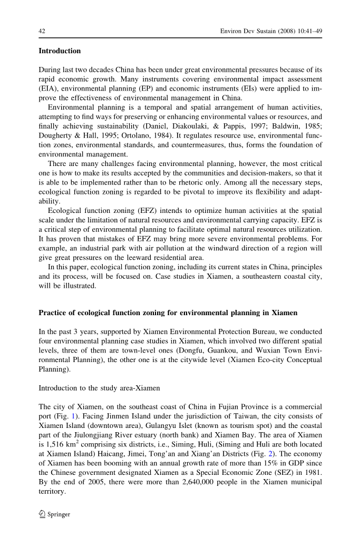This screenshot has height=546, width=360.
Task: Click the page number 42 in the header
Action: point(42,31)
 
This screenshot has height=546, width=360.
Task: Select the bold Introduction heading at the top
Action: point(60,51)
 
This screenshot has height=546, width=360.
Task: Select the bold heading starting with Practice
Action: point(168,313)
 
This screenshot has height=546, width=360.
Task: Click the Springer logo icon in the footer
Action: point(42,514)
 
